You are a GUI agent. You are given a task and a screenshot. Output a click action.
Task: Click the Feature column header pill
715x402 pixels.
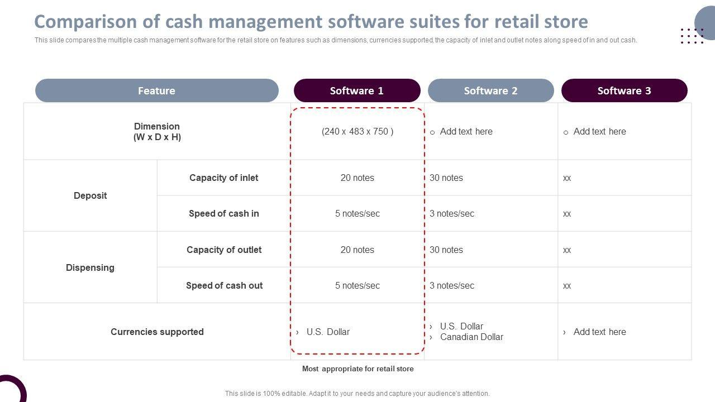click(156, 90)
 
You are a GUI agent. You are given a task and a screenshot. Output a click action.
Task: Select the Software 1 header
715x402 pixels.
click(357, 90)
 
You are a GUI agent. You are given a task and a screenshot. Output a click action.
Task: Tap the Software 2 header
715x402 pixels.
click(490, 90)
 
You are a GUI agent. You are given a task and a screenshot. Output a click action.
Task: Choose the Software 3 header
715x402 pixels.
click(624, 90)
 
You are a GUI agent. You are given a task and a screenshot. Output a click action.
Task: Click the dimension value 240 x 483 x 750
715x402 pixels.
click(357, 132)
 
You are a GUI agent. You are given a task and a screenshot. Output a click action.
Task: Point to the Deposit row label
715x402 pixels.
click(90, 195)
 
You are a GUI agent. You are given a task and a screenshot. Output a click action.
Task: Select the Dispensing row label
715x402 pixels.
click(90, 267)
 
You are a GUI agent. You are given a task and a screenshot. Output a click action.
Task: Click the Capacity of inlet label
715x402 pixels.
click(223, 178)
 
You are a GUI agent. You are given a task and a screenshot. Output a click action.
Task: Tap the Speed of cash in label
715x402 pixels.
click(223, 213)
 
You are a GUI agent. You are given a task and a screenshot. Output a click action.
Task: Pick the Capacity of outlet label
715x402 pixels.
click(223, 250)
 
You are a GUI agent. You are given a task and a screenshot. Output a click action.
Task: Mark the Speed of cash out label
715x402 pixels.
click(224, 285)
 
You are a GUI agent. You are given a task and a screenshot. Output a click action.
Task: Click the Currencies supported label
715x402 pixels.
click(157, 332)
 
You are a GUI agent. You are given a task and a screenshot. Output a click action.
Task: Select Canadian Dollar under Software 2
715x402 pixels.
click(471, 337)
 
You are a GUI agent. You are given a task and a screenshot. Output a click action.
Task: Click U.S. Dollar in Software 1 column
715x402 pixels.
click(328, 332)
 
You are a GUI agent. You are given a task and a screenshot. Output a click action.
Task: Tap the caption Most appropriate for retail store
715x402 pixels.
click(357, 368)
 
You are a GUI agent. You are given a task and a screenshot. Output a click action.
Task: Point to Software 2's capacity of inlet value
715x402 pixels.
click(446, 178)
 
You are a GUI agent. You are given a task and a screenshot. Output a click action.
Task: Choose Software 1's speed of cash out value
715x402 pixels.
click(357, 285)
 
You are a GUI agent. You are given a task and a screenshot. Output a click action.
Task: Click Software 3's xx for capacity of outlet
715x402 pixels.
click(567, 250)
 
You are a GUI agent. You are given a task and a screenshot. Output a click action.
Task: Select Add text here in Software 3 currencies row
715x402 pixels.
click(599, 332)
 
